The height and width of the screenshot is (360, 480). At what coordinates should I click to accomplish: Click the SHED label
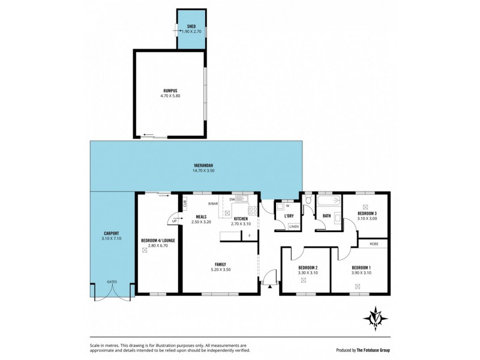point(191,26)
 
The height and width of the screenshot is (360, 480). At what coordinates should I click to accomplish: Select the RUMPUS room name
point(170,90)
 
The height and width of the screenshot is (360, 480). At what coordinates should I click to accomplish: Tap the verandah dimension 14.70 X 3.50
point(203,171)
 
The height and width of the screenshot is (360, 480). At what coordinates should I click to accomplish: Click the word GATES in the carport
point(112,281)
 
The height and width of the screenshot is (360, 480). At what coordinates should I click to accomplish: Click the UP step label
point(174,221)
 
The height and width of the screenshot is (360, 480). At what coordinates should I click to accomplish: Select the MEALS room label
point(201,217)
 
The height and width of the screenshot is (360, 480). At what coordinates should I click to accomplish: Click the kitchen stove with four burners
point(253,211)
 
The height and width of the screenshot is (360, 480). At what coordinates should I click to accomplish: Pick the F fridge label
point(250,235)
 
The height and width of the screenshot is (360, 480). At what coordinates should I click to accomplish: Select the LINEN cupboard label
point(293,226)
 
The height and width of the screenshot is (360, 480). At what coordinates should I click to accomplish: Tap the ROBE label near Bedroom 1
point(373,243)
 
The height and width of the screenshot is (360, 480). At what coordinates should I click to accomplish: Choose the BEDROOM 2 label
point(308,268)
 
